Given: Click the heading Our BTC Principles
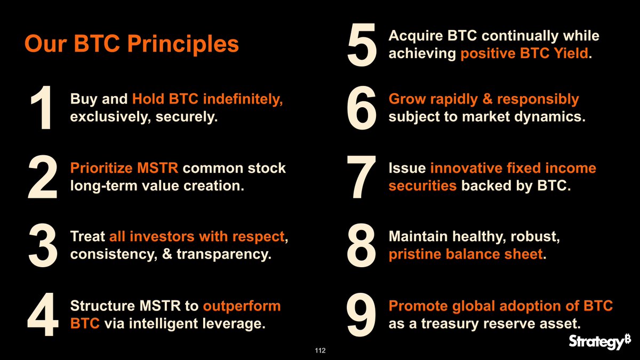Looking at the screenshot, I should click(x=132, y=44).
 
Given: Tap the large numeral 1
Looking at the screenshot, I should click(x=42, y=110).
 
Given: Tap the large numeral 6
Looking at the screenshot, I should click(x=362, y=109).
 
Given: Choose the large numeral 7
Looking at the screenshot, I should click(x=362, y=178).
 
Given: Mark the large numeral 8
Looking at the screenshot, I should click(x=362, y=247).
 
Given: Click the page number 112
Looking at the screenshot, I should click(x=320, y=350).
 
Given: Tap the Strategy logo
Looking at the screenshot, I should click(x=599, y=341).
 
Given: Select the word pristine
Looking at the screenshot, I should click(x=414, y=254).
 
